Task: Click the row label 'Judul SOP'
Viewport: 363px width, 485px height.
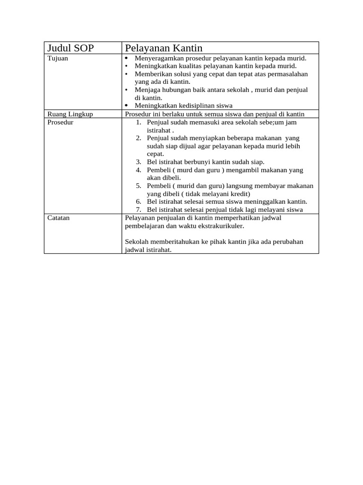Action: [70, 48]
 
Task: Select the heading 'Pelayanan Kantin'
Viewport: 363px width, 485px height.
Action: [164, 48]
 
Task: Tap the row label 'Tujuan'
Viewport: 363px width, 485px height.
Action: [58, 58]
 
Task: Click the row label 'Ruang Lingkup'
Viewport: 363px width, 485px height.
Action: [70, 114]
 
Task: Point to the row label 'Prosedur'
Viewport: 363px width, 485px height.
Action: [60, 122]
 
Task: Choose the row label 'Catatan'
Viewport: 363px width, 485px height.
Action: [59, 218]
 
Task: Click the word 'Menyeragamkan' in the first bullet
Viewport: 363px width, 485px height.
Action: [157, 58]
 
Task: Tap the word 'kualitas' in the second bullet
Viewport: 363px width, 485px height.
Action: [190, 66]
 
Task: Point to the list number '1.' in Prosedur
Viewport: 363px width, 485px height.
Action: [138, 122]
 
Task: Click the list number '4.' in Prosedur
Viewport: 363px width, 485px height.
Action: [138, 170]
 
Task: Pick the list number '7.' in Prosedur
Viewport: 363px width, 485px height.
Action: [138, 210]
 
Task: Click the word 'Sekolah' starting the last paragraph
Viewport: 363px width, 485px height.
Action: [136, 242]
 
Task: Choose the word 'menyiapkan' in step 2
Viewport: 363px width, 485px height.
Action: [201, 138]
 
